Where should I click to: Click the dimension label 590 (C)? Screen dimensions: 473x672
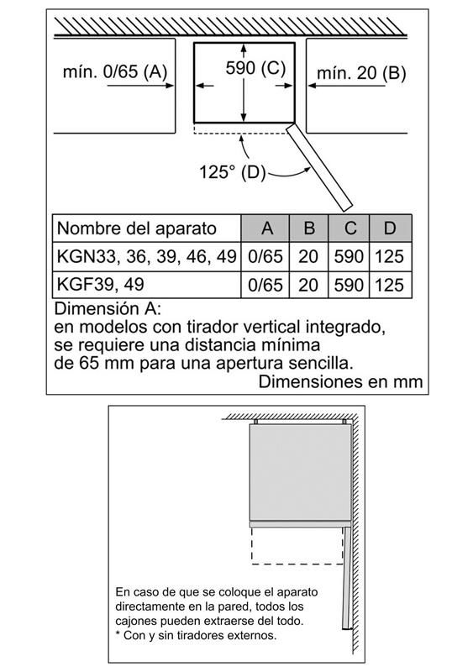click(x=255, y=68)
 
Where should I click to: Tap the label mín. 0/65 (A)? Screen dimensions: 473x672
click(x=115, y=71)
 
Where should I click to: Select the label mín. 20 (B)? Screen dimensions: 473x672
click(x=361, y=73)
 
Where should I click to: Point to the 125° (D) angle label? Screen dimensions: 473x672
click(x=233, y=172)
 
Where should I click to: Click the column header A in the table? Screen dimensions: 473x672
click(x=266, y=228)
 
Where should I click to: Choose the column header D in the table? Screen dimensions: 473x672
click(x=389, y=228)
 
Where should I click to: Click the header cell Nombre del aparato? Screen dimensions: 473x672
click(x=136, y=228)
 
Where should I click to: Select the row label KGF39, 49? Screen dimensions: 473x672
click(x=100, y=284)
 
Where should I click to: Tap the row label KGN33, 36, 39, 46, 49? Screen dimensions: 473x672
click(x=147, y=256)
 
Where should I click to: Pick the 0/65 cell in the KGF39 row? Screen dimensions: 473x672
click(x=265, y=285)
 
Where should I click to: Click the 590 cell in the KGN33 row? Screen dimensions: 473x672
click(x=349, y=257)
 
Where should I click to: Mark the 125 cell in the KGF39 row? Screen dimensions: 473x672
click(x=389, y=285)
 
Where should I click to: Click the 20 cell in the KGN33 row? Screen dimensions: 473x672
click(x=308, y=257)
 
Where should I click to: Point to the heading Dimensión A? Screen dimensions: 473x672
click(x=108, y=308)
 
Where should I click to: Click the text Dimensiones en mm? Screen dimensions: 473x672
click(x=340, y=381)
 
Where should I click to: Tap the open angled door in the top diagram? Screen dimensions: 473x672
click(x=319, y=167)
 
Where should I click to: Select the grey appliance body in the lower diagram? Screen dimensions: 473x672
click(x=300, y=473)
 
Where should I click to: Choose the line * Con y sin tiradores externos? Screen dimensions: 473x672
click(x=196, y=635)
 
